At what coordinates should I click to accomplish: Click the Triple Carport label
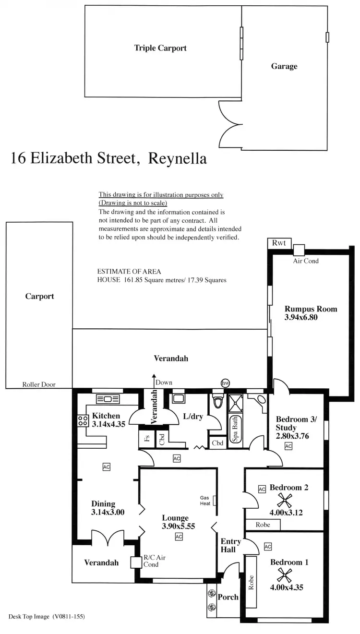click(x=160, y=48)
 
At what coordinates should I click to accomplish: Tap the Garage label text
click(x=284, y=66)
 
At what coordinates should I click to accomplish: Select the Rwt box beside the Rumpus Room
click(x=278, y=243)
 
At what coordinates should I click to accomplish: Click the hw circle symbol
click(x=226, y=383)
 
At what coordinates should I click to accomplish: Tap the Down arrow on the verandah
click(x=154, y=379)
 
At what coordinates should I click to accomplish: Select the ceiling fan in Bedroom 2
click(x=286, y=501)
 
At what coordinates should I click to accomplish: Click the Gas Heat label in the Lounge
click(x=205, y=501)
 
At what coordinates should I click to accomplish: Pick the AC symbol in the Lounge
click(x=179, y=537)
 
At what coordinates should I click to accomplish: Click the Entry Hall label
click(x=228, y=546)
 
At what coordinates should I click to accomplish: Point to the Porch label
click(x=228, y=597)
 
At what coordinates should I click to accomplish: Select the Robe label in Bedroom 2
click(x=263, y=525)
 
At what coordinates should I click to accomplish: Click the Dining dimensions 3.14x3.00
click(x=108, y=512)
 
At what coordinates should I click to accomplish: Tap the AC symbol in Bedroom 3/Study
click(x=288, y=446)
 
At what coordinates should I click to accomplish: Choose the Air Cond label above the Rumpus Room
click(x=306, y=261)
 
